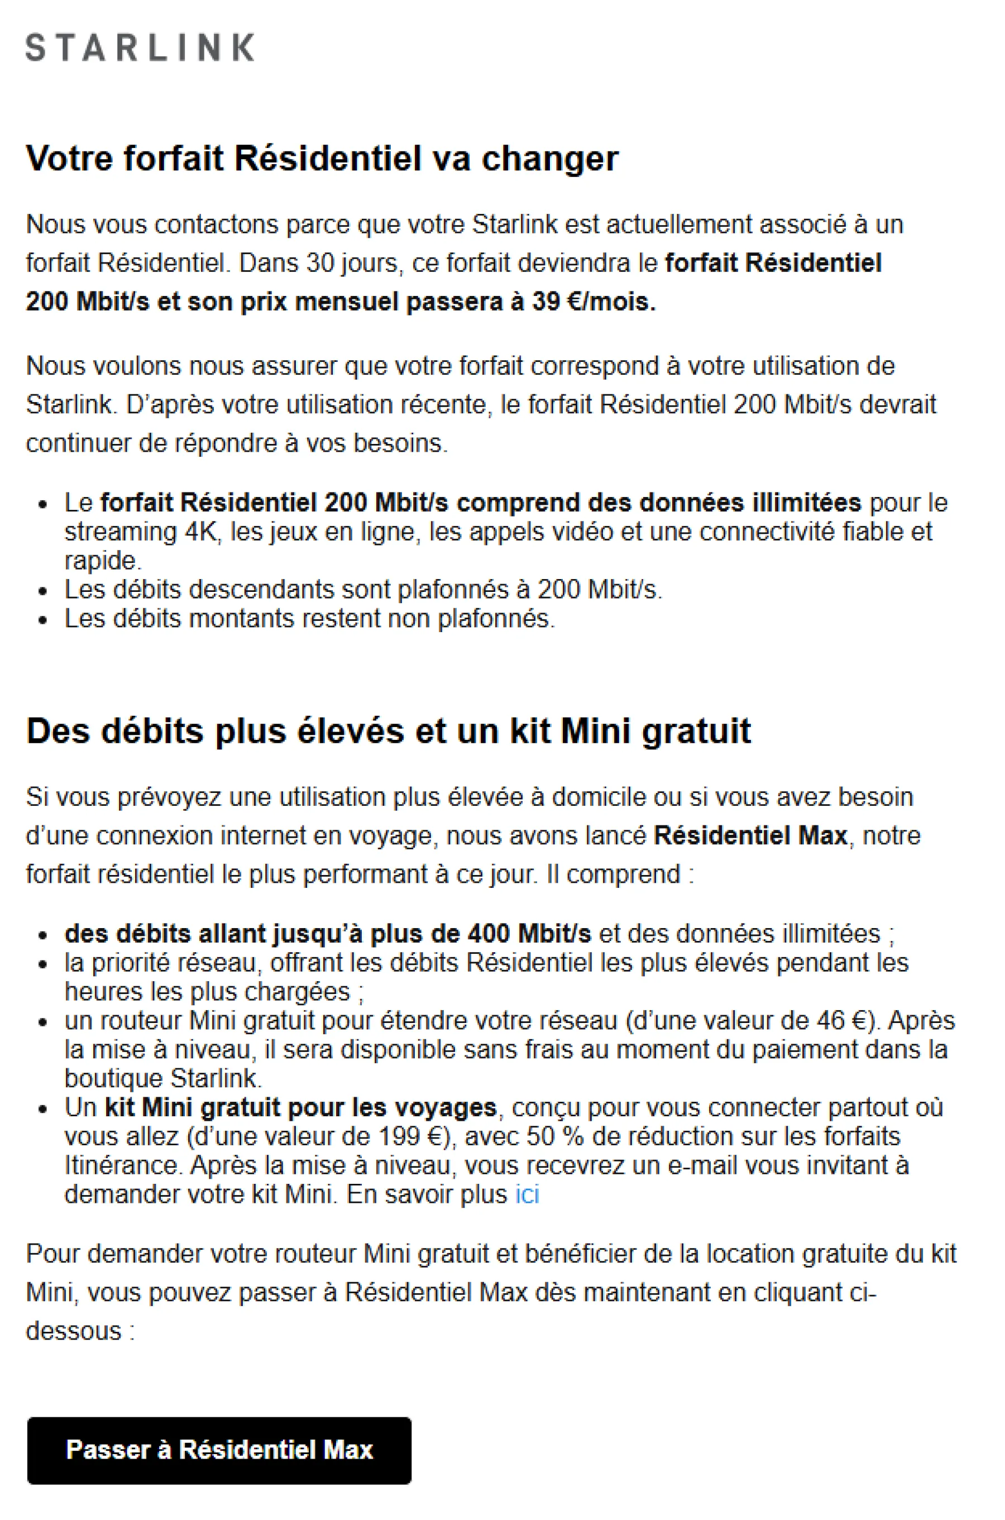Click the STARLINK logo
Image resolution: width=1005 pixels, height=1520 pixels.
click(x=140, y=48)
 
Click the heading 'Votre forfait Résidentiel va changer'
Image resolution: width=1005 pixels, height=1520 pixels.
click(x=322, y=159)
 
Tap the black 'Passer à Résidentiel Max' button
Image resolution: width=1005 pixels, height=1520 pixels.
click(x=219, y=1450)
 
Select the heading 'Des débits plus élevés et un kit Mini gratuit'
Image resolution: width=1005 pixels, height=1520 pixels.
click(x=389, y=730)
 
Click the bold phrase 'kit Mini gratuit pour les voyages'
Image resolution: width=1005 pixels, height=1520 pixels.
click(x=300, y=1107)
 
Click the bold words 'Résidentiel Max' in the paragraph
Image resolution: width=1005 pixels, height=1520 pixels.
click(x=750, y=835)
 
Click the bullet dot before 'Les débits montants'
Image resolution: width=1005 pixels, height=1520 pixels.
click(x=44, y=620)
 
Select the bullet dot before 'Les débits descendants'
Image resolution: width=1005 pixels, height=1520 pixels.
click(x=44, y=590)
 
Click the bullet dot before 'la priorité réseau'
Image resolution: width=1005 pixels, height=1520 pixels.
click(x=44, y=964)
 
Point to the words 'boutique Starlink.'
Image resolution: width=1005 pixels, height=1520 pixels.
click(x=164, y=1078)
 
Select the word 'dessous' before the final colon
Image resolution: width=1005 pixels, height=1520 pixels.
click(x=74, y=1331)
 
